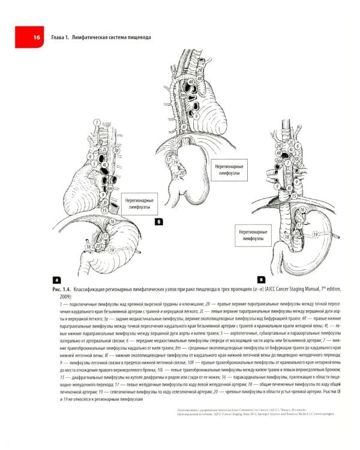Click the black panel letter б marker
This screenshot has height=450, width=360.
(x=159, y=222)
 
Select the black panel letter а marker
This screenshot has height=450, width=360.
(x=56, y=280)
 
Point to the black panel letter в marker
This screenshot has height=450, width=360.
(x=261, y=280)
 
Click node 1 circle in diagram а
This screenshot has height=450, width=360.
(x=97, y=123)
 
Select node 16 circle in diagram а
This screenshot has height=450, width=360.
(x=112, y=221)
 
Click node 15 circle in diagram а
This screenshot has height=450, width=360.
(x=104, y=210)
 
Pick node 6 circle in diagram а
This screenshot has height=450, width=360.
(x=89, y=157)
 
